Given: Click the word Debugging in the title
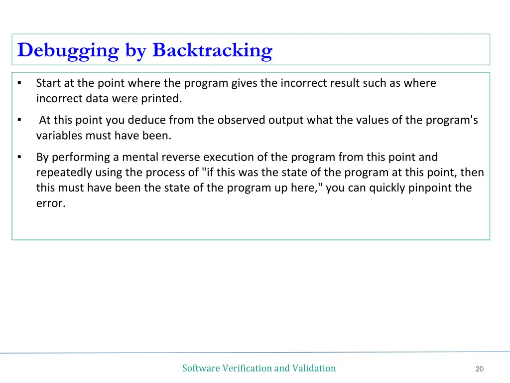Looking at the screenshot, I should click(68, 50).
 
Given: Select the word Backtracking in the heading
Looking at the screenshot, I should click(212, 50).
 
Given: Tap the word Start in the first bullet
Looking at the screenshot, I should click(48, 83).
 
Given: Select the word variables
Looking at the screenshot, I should click(59, 135).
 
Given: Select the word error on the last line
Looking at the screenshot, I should click(50, 203).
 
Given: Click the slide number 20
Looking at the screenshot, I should click(480, 369).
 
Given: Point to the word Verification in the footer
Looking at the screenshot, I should click(247, 368).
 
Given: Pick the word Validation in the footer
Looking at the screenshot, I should click(314, 368).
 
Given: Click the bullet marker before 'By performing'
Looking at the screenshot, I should click(19, 157).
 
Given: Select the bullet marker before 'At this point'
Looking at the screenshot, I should click(19, 120).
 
